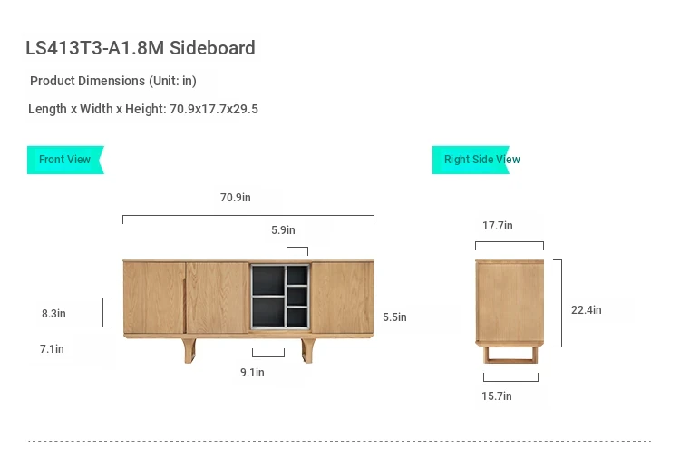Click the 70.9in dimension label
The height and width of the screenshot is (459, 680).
tap(236, 198)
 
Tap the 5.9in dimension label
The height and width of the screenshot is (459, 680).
tap(283, 229)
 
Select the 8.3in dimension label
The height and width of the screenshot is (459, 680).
tap(53, 314)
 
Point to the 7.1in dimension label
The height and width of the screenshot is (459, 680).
tap(52, 349)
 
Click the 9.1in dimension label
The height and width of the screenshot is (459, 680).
tap(252, 372)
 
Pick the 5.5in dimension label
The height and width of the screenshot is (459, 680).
tap(394, 317)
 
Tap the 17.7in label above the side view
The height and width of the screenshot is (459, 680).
tap(498, 226)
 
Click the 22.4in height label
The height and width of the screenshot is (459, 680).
tap(587, 309)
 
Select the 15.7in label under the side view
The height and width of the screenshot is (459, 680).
tap(497, 396)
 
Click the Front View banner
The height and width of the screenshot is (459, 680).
tap(65, 160)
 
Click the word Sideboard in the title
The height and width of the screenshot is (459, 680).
tap(212, 48)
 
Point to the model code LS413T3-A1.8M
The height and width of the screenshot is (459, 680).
tap(94, 48)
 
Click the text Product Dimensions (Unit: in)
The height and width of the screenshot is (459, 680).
tap(113, 81)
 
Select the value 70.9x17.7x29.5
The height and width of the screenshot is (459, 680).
tap(214, 109)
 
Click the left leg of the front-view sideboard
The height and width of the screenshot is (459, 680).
tap(189, 350)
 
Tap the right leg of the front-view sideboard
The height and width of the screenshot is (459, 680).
tap(307, 350)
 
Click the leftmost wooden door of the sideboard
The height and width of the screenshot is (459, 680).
tap(154, 298)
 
